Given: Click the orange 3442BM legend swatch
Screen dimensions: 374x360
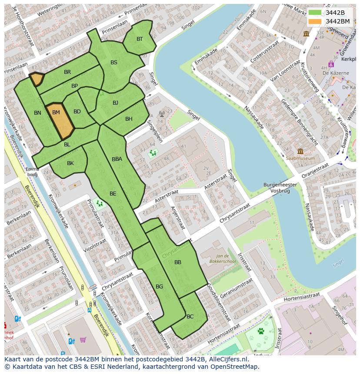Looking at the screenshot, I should point(315,21).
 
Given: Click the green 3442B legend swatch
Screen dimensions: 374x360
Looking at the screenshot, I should point(315,13).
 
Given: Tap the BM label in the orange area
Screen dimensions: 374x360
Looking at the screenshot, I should point(56,113).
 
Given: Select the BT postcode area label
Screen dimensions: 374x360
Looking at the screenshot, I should point(140,39).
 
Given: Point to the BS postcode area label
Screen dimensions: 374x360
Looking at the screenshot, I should point(114,63).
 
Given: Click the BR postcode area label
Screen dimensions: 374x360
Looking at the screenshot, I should point(67,72).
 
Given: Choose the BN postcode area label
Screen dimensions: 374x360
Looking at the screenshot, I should point(37,113).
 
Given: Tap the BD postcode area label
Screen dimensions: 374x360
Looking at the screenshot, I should point(77,112).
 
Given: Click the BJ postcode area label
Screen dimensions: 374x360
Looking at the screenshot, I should point(115,103).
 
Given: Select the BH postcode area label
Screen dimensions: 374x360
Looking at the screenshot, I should point(129,119).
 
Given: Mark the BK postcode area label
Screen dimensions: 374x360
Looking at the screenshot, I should point(70,163).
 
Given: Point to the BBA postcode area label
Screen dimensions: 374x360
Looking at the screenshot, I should point(117,159).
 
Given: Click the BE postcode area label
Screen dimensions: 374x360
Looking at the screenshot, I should point(113,194).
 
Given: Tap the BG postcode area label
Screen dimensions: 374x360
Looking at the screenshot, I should point(159,287).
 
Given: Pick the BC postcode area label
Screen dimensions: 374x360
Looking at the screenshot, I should point(190,317).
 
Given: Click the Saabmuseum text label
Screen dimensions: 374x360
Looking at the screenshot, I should point(300,159).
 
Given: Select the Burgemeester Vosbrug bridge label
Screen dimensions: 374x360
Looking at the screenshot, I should point(280,188).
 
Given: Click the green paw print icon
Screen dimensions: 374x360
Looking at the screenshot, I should point(261,331).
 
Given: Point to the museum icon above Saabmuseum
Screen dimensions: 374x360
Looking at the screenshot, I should point(300,152).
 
